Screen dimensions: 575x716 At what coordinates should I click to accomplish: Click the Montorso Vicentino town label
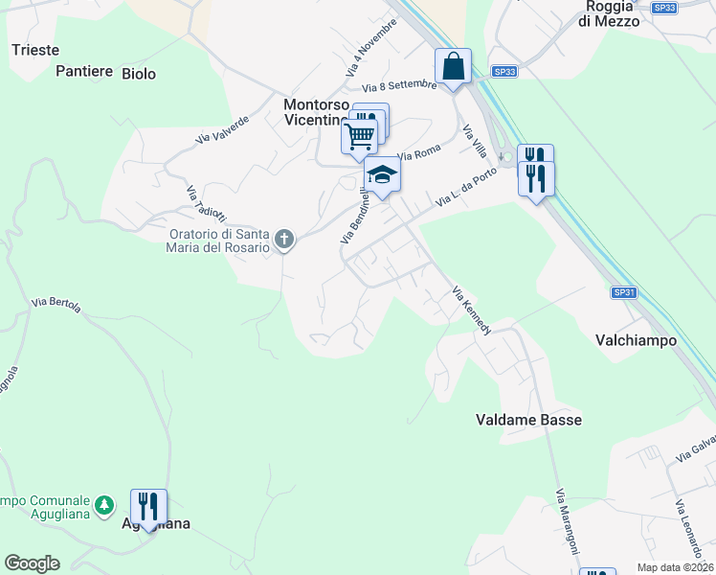pos(315,112)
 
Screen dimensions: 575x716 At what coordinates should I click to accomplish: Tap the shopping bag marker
pos(454,68)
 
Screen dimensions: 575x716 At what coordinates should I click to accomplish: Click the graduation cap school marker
pos(382,175)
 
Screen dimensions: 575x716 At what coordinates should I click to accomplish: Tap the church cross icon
pos(283,240)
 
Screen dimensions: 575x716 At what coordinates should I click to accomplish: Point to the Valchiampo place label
pos(636,340)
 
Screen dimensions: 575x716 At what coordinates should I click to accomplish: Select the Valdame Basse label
pos(528,420)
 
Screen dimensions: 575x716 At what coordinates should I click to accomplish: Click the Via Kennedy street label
pos(472,310)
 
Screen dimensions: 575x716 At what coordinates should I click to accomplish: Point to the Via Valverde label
pos(222,130)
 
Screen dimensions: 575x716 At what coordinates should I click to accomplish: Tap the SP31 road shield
pos(623,292)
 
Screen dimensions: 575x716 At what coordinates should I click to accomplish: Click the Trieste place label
pos(34,50)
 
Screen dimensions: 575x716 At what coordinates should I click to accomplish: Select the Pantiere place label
pos(84,71)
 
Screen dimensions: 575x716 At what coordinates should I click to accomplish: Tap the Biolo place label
pos(138,73)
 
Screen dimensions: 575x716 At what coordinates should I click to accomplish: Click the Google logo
pos(32,563)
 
